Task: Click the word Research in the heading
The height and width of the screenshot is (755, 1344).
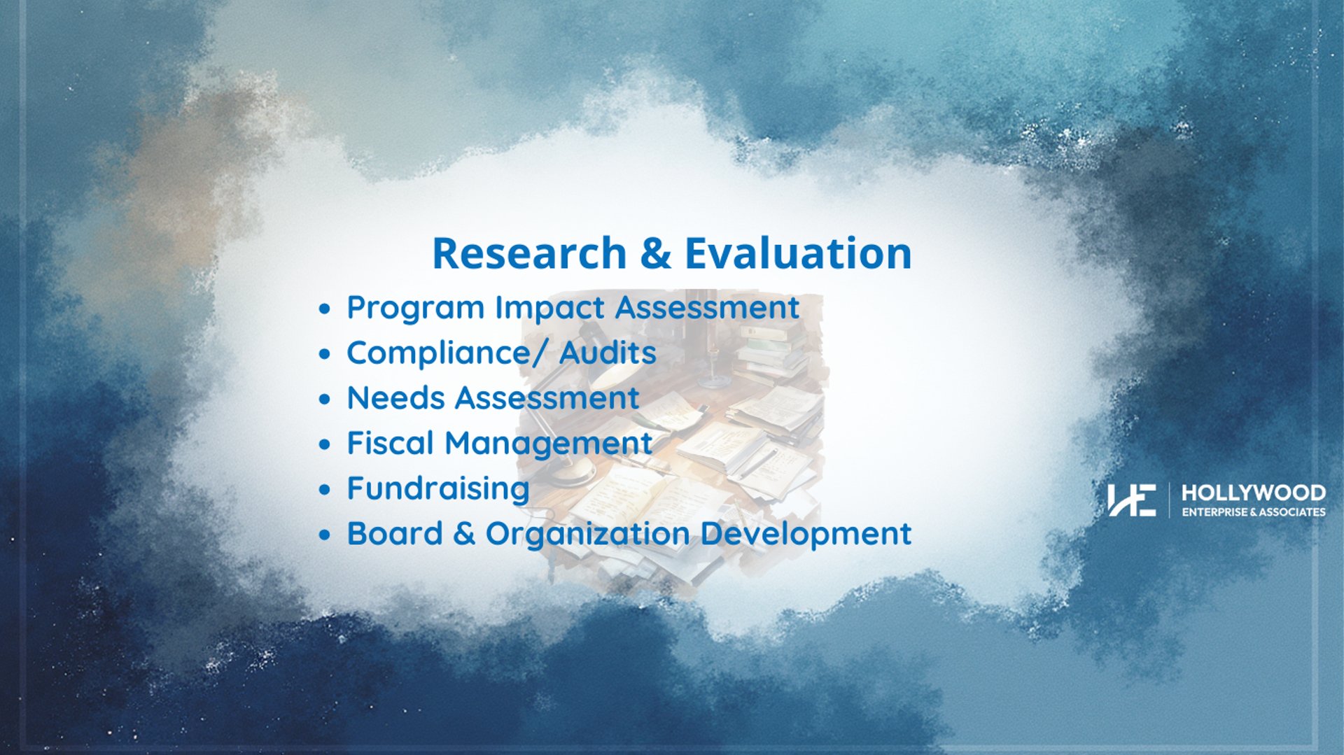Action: [529, 253]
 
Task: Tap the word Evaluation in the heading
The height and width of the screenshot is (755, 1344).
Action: [798, 253]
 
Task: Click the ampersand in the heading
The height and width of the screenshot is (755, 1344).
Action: [655, 253]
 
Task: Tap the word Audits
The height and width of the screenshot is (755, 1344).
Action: [608, 353]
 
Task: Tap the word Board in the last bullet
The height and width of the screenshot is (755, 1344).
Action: [395, 533]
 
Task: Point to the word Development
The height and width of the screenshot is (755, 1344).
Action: [806, 534]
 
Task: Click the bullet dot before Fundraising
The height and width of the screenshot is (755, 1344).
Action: [324, 490]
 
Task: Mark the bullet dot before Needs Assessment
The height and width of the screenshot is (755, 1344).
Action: [324, 400]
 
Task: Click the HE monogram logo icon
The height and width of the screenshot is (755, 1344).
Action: [1131, 500]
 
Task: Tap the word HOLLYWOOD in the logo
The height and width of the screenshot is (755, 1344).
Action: [1254, 493]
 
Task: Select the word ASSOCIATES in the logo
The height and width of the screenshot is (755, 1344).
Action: [1292, 512]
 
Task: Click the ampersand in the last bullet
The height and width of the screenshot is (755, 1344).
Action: [464, 534]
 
